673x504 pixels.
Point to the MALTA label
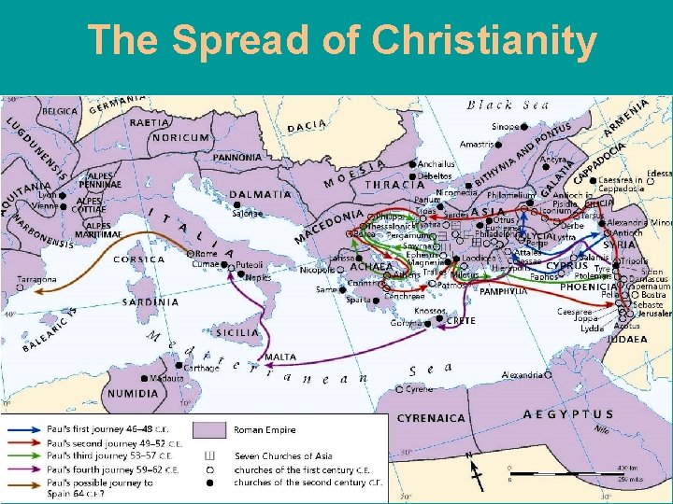(280, 357)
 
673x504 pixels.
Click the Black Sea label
(509, 105)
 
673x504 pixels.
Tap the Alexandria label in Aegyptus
(521, 375)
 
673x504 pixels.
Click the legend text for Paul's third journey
(103, 455)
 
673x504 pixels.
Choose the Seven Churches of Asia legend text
(282, 455)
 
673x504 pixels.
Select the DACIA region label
(307, 125)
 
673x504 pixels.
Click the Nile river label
(601, 430)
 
